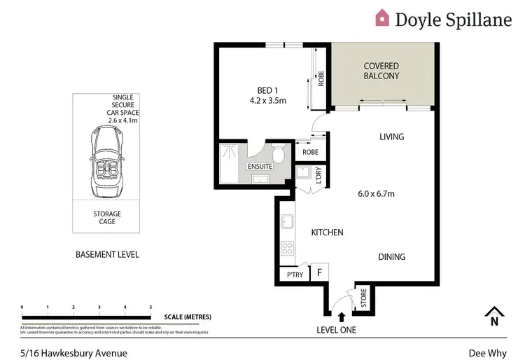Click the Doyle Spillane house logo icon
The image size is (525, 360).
382,18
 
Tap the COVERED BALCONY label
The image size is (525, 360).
381,71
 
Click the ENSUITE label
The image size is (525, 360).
259,166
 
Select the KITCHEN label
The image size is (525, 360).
326,232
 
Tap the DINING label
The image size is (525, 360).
391,257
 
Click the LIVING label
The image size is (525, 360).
391,137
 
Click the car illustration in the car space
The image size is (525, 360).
106,162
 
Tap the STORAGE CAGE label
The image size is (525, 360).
107,218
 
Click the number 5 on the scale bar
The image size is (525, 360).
150,307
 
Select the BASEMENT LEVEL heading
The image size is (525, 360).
107,254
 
